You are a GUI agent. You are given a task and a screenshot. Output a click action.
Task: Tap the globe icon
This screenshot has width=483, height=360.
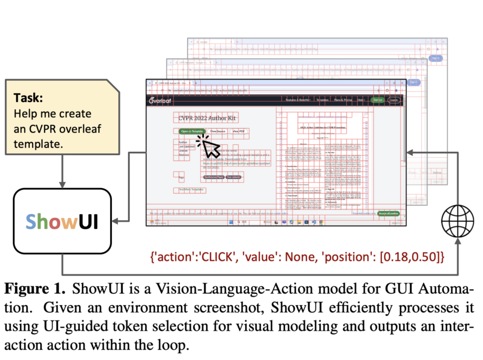point(457,221)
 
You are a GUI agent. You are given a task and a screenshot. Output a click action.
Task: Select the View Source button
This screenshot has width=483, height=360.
point(218,131)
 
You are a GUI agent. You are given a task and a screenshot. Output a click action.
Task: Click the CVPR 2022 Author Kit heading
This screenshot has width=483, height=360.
point(207,118)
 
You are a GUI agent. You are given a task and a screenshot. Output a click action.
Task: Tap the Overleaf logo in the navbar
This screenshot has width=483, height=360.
point(161,100)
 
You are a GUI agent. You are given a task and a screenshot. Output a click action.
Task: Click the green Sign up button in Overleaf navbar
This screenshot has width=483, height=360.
point(377,100)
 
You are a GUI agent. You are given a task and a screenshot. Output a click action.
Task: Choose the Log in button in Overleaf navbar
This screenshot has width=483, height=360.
point(393,100)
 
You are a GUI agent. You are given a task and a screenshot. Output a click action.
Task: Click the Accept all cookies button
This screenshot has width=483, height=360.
point(389,214)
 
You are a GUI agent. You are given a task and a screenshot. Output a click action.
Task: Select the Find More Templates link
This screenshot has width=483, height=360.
point(188,190)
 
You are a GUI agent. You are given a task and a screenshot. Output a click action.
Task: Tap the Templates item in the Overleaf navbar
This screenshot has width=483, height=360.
point(323,100)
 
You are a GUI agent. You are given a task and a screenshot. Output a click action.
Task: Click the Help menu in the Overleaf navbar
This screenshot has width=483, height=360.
point(360,100)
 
